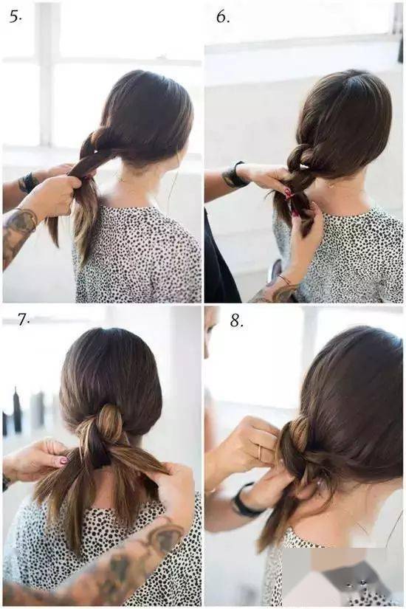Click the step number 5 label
coord(16,17)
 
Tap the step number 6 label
coord(223,17)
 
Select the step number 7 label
coord(24,320)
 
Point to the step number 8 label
coord(237,321)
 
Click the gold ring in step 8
coord(260,451)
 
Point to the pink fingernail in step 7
coord(63,461)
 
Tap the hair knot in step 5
coord(99,139)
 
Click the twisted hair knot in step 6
coord(300,159)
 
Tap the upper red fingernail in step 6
coord(289,192)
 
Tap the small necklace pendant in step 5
coord(121,179)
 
